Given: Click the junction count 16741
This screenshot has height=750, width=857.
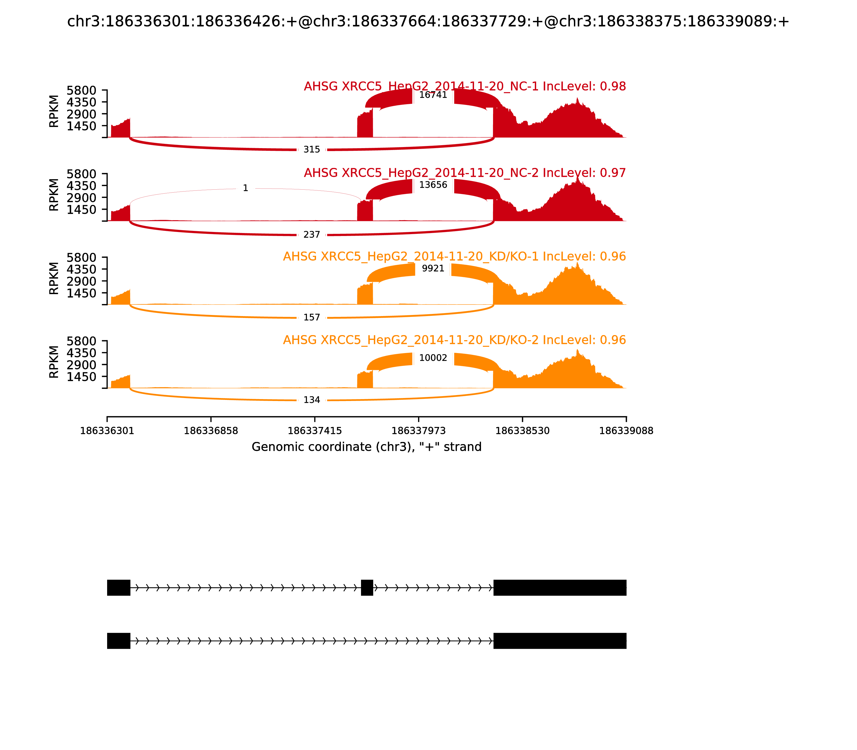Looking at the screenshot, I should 433,95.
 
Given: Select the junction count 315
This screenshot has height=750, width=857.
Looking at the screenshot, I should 312,149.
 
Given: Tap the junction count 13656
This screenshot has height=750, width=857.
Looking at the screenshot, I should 433,185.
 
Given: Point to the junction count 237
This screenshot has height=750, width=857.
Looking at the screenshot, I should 312,235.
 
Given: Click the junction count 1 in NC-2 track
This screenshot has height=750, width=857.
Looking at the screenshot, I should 246,188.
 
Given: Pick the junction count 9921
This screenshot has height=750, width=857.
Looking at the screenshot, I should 433,268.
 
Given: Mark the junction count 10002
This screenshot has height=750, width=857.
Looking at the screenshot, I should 433,358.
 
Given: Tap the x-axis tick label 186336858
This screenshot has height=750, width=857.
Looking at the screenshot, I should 211,431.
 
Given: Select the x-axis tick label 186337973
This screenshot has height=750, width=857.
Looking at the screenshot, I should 418,431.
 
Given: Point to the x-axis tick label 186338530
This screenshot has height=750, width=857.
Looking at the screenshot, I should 522,431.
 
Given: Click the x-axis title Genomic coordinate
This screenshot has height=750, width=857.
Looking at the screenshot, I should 367,447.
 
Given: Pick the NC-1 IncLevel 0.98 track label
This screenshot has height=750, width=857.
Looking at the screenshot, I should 464,86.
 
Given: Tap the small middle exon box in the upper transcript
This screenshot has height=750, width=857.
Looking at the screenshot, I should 367,588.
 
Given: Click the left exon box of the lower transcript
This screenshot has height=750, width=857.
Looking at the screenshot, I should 119,641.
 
